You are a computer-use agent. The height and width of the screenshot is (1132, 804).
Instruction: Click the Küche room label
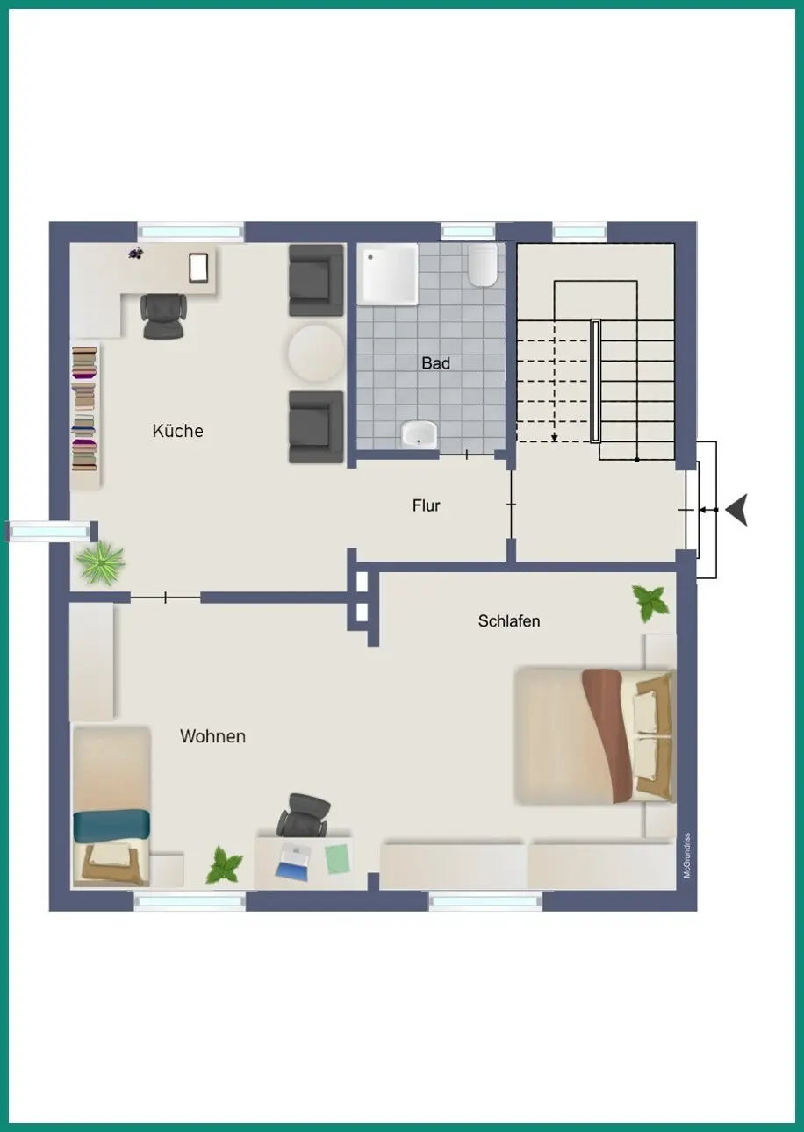pyautogui.click(x=178, y=431)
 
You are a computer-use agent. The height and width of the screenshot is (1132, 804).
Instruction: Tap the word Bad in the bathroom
pyautogui.click(x=435, y=362)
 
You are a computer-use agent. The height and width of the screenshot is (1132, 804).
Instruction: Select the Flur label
pyautogui.click(x=426, y=505)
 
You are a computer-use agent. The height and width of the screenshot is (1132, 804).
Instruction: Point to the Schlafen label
pyautogui.click(x=509, y=620)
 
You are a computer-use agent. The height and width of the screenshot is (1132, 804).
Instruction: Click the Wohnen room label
pyautogui.click(x=212, y=736)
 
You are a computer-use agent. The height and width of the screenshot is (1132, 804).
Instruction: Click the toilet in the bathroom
pyautogui.click(x=482, y=265)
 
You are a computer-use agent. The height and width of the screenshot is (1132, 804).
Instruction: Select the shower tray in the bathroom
pyautogui.click(x=388, y=274)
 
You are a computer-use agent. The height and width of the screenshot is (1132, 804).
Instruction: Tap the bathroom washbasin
pyautogui.click(x=419, y=434)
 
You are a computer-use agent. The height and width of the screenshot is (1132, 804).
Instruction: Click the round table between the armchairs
pyautogui.click(x=316, y=353)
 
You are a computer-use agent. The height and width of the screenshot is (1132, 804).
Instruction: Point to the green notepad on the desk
pyautogui.click(x=337, y=859)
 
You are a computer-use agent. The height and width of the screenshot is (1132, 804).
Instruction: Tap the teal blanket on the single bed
pyautogui.click(x=111, y=826)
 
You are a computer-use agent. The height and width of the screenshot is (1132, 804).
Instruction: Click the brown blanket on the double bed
pyautogui.click(x=607, y=735)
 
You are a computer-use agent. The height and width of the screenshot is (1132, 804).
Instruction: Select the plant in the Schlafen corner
pyautogui.click(x=650, y=603)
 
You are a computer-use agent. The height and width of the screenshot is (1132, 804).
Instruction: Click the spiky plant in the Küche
pyautogui.click(x=100, y=563)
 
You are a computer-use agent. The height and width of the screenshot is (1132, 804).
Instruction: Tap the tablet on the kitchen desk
pyautogui.click(x=198, y=268)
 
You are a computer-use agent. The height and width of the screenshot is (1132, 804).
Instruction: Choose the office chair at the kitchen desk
pyautogui.click(x=164, y=316)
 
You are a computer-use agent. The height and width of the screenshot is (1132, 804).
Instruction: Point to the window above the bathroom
pyautogui.click(x=468, y=232)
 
